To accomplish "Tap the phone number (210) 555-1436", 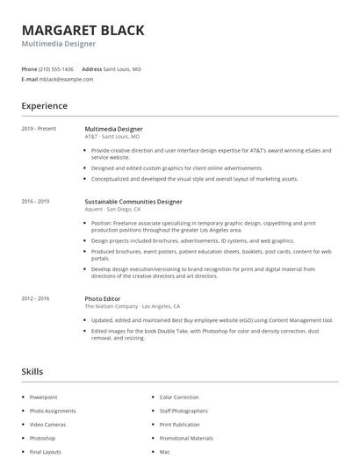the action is [57, 68].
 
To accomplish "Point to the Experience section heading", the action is [44, 105].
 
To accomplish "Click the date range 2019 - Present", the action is [39, 129].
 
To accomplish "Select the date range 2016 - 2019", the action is [35, 202].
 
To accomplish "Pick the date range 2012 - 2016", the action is [35, 299].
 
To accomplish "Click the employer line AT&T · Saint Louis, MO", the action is [112, 137].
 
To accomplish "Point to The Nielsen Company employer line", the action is [132, 307].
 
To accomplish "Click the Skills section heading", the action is [32, 372].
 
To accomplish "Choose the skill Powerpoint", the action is [43, 397].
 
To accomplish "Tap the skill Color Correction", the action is [179, 397].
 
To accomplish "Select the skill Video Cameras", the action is [47, 425].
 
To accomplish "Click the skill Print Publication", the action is [180, 425].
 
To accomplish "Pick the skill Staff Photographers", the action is [184, 411].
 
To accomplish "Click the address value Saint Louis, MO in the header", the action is [122, 68].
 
